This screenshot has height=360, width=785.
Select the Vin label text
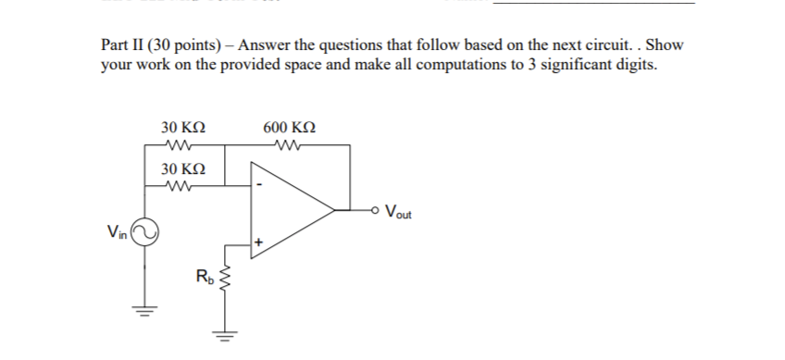117,230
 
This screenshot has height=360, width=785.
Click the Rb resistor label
203,275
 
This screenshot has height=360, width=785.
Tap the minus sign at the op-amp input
262,183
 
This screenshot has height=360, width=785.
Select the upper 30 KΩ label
182,127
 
